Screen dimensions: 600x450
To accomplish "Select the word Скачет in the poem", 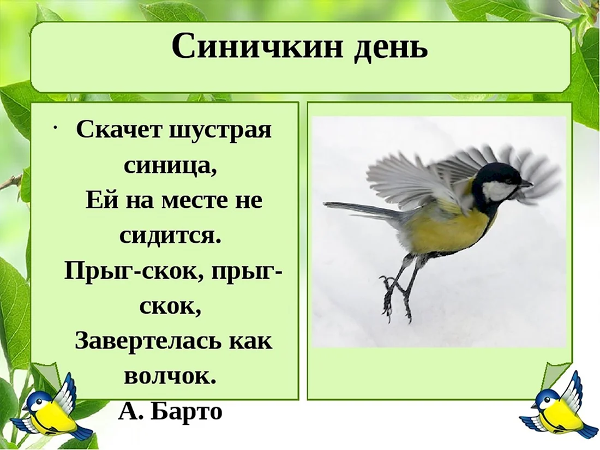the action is pos(119,130).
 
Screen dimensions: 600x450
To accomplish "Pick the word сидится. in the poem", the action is pos(171,236).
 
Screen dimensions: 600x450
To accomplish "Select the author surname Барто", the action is pos(187,411).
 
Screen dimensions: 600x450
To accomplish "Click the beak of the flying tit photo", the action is pos(527,184).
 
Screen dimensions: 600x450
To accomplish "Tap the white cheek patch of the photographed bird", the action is pos(496,190).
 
